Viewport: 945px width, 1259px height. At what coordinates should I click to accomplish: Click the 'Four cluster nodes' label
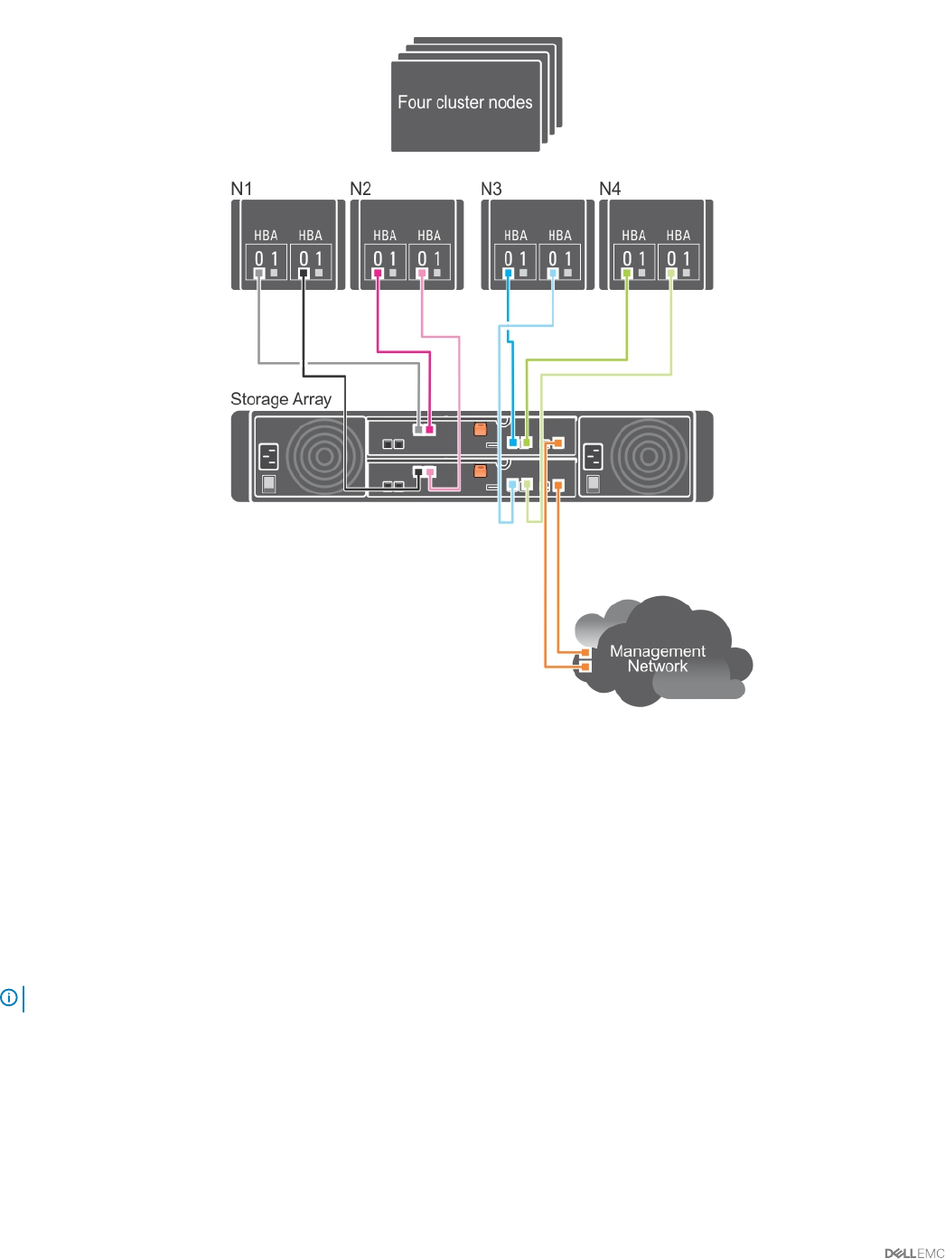465,103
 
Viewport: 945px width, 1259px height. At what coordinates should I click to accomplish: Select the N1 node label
241,189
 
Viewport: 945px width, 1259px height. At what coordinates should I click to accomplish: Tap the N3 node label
491,189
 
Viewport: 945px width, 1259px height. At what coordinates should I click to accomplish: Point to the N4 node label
610,189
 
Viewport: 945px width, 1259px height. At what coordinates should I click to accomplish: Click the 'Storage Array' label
281,399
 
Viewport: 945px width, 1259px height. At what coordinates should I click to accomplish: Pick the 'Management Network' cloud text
658,658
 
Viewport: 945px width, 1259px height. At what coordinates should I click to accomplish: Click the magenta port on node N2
378,273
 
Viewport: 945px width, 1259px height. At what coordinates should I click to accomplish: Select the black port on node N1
304,273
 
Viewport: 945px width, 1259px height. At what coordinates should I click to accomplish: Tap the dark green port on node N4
627,273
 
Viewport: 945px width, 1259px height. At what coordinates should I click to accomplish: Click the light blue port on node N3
553,273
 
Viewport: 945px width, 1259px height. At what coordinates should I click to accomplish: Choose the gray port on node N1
259,273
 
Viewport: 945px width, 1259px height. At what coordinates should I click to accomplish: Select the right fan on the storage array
647,456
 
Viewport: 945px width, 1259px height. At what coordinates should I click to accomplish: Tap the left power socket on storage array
269,456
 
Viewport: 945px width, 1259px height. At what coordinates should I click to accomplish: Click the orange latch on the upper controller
481,429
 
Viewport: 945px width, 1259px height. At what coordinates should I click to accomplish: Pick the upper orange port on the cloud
585,651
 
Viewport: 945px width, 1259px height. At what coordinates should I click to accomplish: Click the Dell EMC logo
914,1253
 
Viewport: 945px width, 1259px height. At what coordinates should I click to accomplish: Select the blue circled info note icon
9,998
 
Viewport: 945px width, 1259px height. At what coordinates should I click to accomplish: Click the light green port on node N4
671,273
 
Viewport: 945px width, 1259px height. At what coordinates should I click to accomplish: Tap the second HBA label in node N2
429,236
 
